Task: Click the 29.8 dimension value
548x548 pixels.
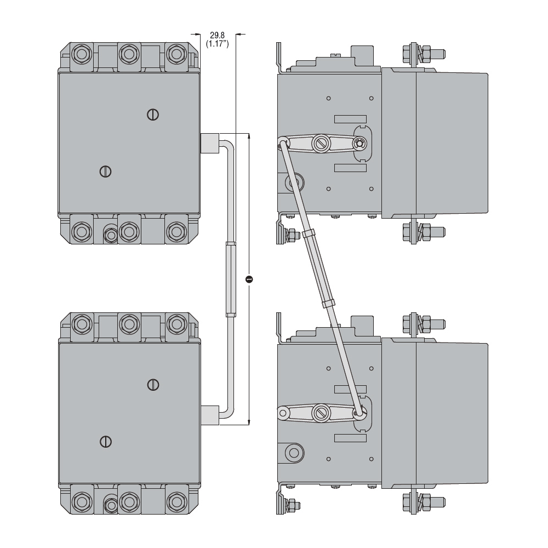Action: point(217,35)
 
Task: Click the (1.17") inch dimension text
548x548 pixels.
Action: point(217,43)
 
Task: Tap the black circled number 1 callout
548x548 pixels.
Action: point(249,279)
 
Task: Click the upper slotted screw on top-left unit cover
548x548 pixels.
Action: point(153,114)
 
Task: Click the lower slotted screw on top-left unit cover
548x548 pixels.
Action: point(106,171)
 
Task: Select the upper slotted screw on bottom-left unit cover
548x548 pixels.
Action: point(153,385)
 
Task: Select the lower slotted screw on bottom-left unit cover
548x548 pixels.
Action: point(106,441)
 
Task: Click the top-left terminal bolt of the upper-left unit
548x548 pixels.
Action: point(82,54)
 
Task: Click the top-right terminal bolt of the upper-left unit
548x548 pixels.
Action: point(175,54)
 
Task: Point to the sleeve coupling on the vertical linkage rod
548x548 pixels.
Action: point(231,279)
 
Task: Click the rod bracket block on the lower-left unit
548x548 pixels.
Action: point(210,414)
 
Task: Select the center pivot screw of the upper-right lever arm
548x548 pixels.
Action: point(321,144)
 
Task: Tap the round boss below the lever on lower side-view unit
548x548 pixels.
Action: point(294,453)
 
